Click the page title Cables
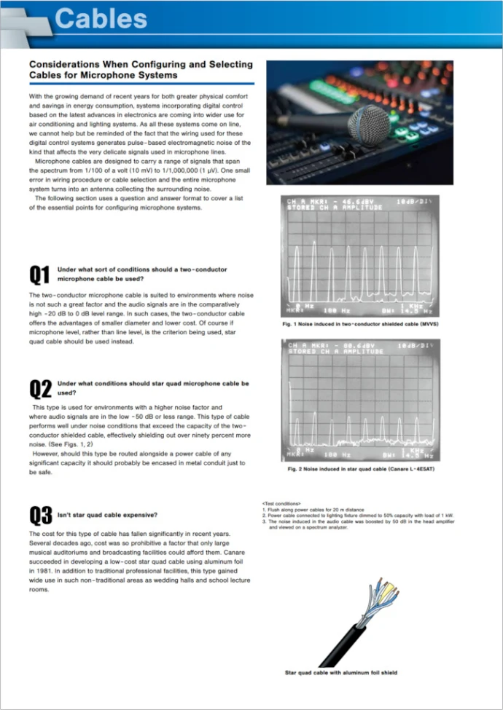(101, 17)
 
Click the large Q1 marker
(39, 275)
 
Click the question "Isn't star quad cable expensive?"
(107, 516)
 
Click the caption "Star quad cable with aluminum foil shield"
(340, 672)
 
